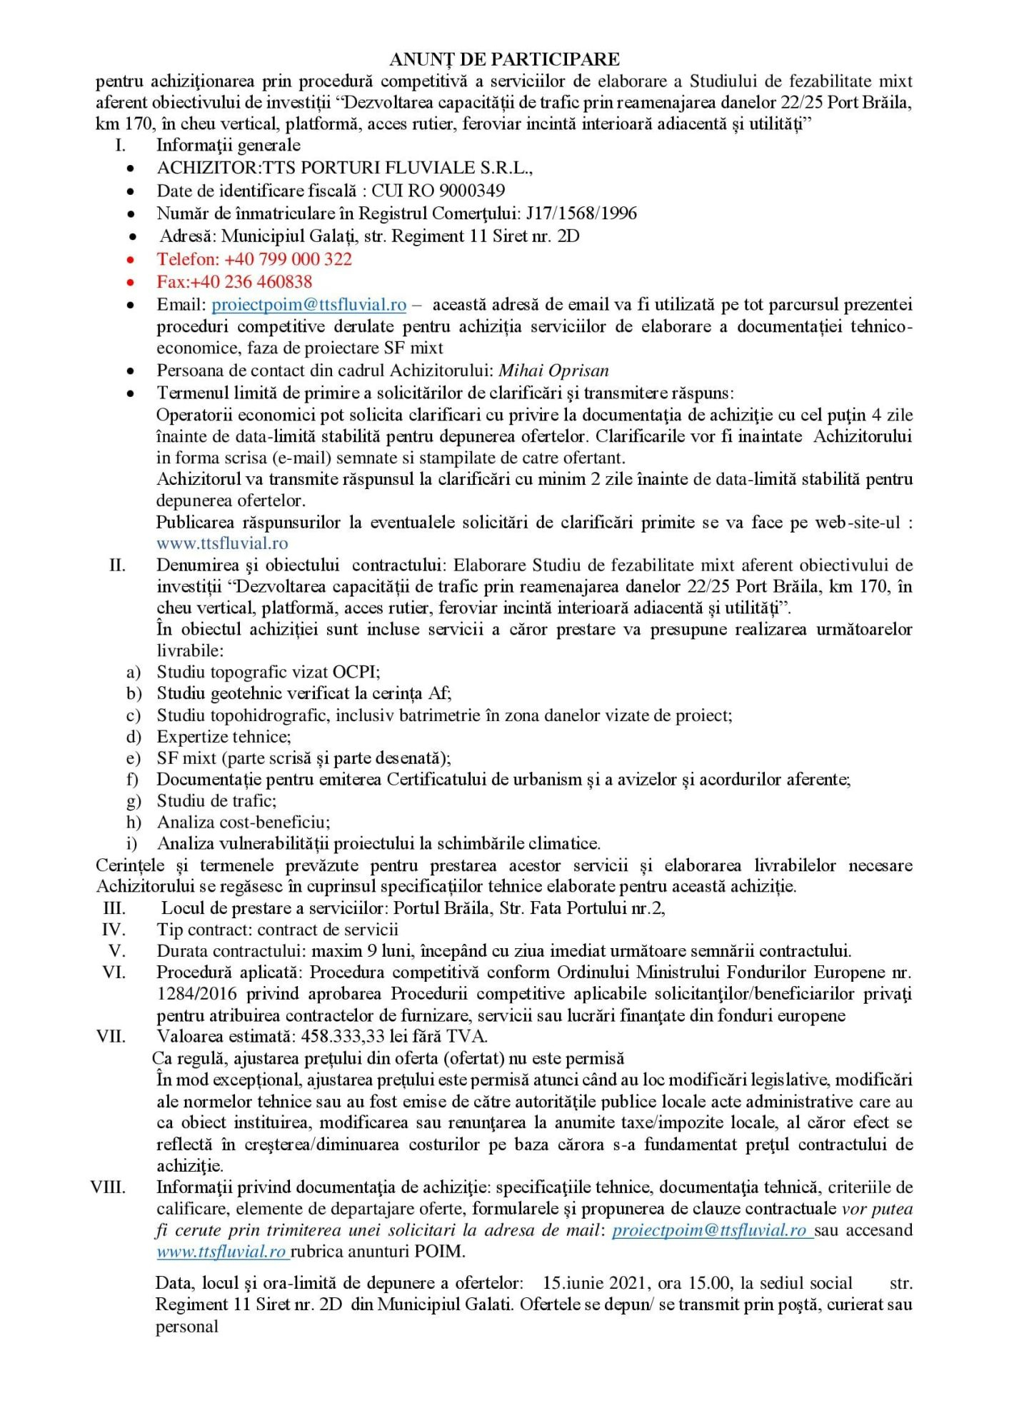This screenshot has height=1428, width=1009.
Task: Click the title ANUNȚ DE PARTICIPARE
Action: coord(504,59)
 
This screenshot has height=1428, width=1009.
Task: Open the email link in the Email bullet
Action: coord(308,305)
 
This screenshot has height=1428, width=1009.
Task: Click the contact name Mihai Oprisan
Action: coord(553,371)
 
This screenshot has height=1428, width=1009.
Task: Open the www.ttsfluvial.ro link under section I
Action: coord(222,543)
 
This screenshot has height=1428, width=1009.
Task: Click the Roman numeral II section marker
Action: coord(117,565)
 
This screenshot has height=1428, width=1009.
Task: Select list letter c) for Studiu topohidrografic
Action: coord(133,715)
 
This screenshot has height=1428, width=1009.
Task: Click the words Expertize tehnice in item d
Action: coord(224,737)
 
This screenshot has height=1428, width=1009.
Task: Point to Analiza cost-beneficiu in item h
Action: coord(243,823)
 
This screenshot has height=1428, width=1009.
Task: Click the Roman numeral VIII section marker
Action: coord(109,1187)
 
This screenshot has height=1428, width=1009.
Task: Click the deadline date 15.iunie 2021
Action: coord(596,1283)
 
